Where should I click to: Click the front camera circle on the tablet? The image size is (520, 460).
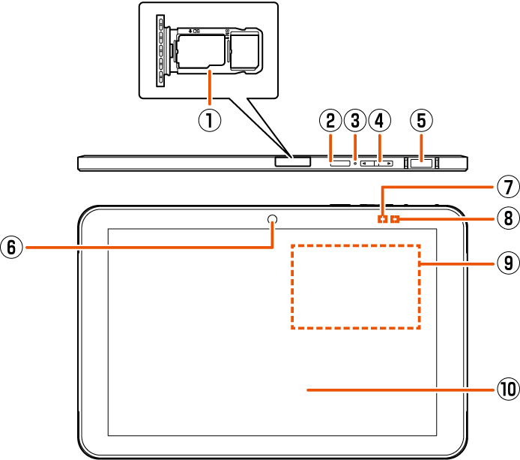(272, 219)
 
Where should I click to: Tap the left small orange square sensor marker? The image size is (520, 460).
(383, 219)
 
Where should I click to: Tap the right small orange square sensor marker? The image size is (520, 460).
(396, 219)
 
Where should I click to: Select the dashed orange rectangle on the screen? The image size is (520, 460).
(356, 286)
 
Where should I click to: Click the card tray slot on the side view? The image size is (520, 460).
(292, 161)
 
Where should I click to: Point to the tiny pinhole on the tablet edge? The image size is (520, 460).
(355, 162)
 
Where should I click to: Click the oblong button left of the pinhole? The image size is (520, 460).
(340, 162)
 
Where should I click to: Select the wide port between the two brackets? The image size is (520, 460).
(421, 162)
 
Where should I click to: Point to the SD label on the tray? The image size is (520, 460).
(196, 31)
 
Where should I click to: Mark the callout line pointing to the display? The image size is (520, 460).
(401, 390)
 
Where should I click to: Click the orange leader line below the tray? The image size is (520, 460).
(210, 86)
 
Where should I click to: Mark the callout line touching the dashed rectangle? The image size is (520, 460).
(457, 263)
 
